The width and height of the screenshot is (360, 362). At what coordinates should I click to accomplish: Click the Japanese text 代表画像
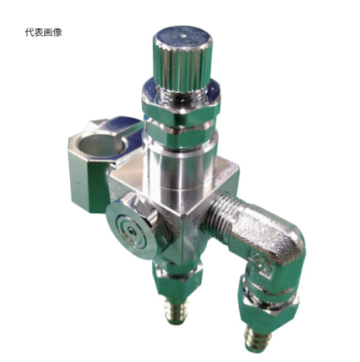click(43, 33)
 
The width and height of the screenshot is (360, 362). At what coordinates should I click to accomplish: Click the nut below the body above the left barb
click(178, 279)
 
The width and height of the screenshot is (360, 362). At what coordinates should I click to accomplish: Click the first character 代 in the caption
click(29, 33)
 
